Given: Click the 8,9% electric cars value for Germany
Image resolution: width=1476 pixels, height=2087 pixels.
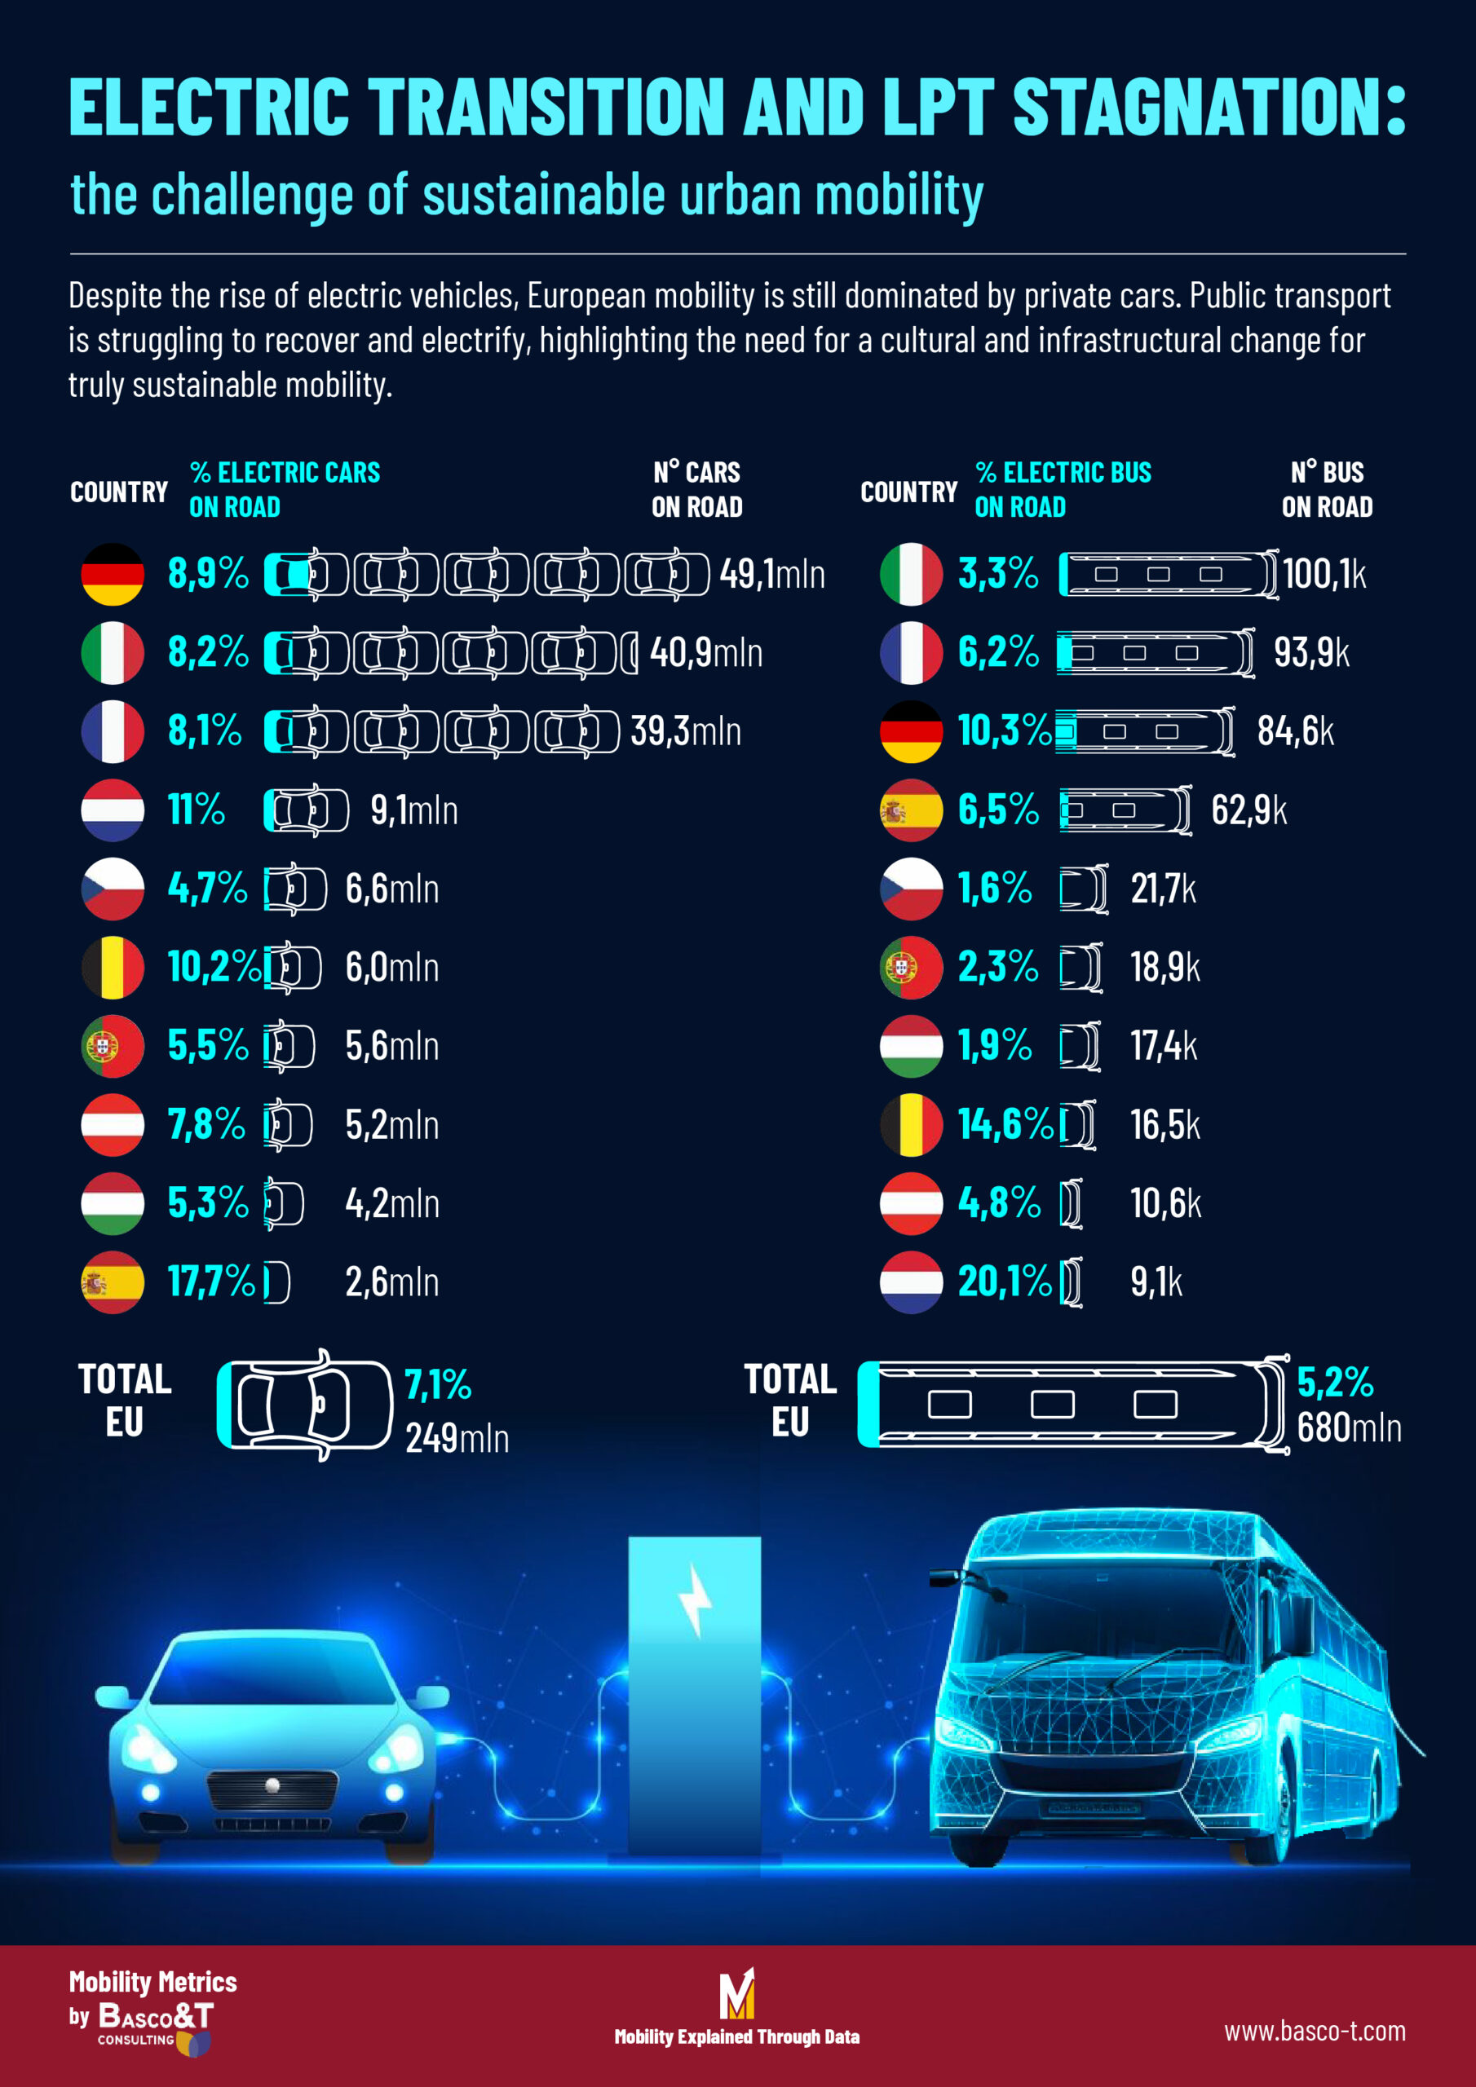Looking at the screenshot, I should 207,574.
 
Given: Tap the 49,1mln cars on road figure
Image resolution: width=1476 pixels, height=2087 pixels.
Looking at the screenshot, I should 771,575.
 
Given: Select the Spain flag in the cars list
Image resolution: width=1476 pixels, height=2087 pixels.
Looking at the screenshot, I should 112,1282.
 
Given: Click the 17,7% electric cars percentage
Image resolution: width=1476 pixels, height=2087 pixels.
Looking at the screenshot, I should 211,1282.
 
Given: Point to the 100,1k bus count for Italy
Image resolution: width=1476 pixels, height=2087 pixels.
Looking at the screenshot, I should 1324,575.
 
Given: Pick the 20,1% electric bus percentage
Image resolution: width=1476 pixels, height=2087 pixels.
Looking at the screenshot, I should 1004,1282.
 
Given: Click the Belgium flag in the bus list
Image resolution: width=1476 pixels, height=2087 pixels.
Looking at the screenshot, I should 910,1124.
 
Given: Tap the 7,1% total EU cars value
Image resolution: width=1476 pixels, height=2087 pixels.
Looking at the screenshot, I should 437,1385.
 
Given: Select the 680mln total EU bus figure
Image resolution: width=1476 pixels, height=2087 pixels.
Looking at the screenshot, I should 1348,1428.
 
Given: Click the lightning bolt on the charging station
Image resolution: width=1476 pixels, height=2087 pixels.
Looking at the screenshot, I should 696,1600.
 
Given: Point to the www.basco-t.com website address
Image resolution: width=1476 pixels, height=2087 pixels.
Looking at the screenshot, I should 1314,2031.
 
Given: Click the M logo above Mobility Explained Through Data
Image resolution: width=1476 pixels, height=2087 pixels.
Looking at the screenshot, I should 736,1993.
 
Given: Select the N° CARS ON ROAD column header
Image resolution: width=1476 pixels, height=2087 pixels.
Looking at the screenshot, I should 696,489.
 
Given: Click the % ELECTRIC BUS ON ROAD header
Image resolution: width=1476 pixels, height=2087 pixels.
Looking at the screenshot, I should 1063,489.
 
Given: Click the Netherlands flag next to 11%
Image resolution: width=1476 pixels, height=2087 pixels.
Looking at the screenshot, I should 112,810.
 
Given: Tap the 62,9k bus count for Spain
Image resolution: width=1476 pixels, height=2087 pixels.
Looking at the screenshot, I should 1248,810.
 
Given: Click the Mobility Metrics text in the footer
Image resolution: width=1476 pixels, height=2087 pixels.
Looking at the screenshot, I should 152,1982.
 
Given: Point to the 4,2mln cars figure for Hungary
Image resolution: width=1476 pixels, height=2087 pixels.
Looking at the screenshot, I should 392,1203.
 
